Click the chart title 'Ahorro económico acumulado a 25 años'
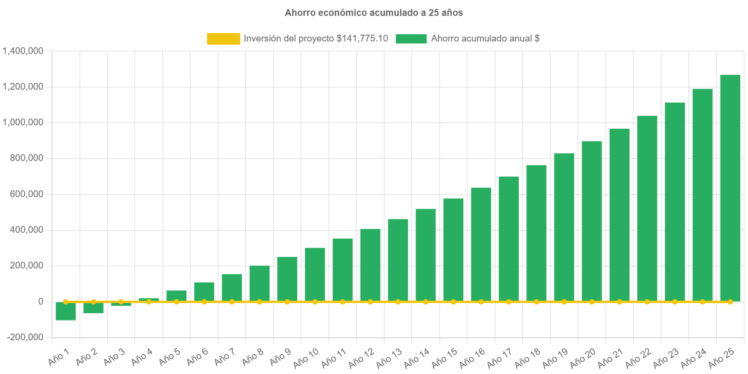point(373,13)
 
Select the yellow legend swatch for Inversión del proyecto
point(223,39)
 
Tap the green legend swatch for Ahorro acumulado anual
point(411,39)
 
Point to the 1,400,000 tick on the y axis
point(23,51)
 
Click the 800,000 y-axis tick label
point(26,159)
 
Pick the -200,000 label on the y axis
point(25,337)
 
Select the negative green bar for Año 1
point(66,311)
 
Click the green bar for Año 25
point(730,188)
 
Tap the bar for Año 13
point(398,260)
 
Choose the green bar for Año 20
point(591,222)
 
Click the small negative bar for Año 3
point(121,304)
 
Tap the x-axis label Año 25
point(722,357)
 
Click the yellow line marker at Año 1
point(66,302)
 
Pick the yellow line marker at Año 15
point(453,302)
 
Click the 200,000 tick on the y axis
point(26,266)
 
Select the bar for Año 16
point(481,244)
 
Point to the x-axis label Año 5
point(170,356)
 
